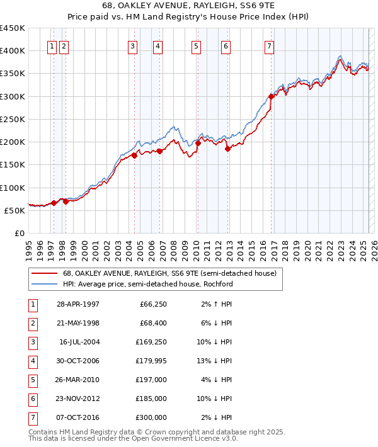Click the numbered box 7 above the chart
[x=269, y=45]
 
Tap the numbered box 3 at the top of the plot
[x=132, y=45]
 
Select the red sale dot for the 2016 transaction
[x=271, y=96]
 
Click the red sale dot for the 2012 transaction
[x=227, y=149]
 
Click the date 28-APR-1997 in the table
[x=78, y=305]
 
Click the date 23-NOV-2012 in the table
[x=78, y=399]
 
